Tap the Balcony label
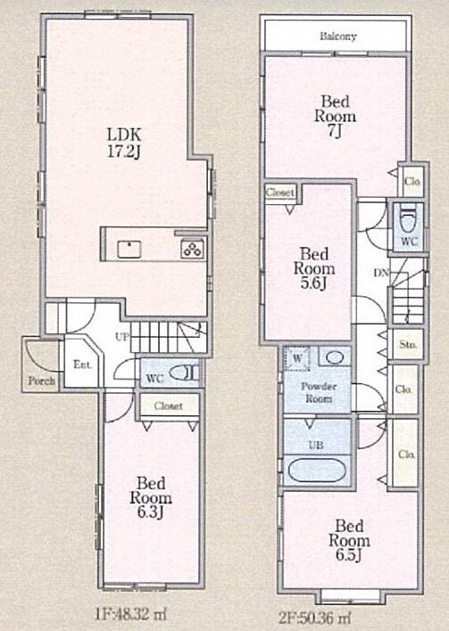tap(338, 37)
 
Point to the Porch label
tap(41, 381)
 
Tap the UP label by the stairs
tap(123, 336)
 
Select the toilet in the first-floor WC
tap(181, 374)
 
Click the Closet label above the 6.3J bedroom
tap(169, 406)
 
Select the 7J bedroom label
tap(335, 116)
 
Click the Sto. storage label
tap(407, 343)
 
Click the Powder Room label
tap(318, 393)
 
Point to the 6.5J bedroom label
tap(348, 535)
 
